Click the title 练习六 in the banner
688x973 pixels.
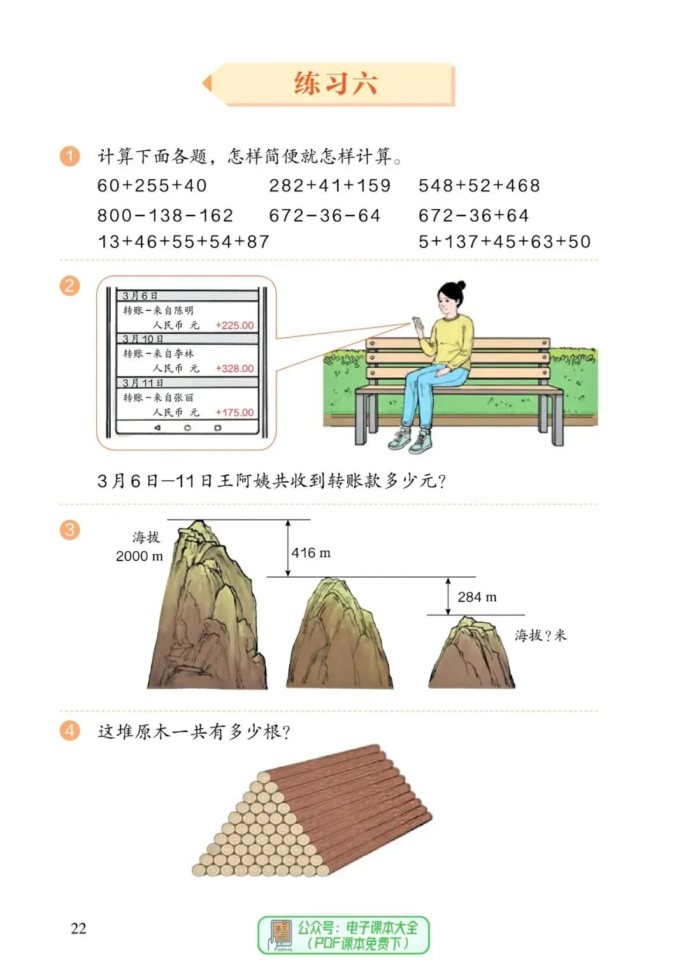coord(336,84)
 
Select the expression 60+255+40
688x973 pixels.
coord(152,186)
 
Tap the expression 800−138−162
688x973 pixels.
coord(165,216)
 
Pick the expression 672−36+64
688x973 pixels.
coord(473,216)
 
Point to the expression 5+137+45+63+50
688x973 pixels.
coord(505,242)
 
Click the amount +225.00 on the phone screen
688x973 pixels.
coord(234,325)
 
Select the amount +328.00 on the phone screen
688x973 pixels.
coord(234,369)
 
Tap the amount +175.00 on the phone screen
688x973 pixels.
coord(234,413)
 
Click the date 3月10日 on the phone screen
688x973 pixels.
coord(143,339)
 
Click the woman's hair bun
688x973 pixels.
coord(461,285)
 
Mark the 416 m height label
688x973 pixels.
coord(311,553)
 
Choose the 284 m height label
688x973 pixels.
coord(477,597)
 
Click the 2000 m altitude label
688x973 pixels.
coord(139,556)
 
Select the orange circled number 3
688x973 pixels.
coord(69,530)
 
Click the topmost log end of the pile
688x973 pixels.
coord(262,777)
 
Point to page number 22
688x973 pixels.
coord(78,928)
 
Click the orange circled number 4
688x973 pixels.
coord(69,730)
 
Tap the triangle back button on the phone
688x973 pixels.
coord(157,428)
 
